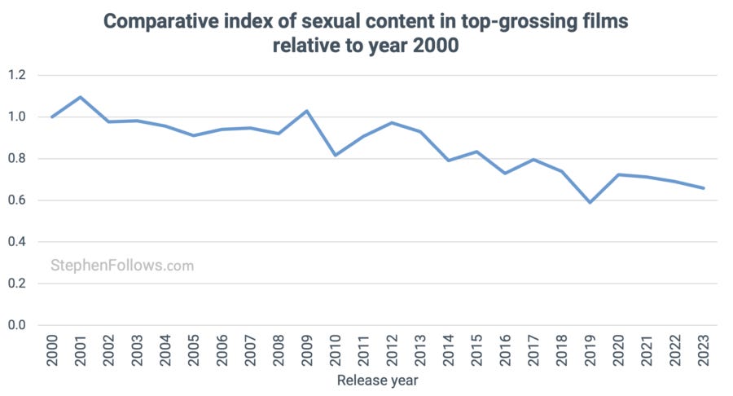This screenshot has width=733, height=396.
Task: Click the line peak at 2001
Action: coord(81,97)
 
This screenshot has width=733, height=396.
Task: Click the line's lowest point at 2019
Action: coord(590,202)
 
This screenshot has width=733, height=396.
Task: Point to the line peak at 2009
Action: coord(307,111)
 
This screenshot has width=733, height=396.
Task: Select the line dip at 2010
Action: coord(335,155)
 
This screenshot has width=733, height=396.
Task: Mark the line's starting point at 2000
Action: coord(52,117)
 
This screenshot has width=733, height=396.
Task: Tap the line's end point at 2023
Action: coord(703,188)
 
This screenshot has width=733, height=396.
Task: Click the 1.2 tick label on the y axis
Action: coord(17,75)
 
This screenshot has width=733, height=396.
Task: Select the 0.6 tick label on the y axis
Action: coord(17,200)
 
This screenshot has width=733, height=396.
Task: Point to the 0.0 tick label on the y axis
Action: coord(17,326)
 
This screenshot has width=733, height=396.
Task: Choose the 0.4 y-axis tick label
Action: coord(17,242)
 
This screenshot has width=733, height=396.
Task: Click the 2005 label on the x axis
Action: coord(194,350)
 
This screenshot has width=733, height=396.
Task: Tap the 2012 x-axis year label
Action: coord(392,350)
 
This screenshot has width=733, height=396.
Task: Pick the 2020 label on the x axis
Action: coord(618,350)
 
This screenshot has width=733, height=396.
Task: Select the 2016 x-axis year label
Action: coord(505,350)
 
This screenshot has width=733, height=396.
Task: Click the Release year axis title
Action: coord(377,380)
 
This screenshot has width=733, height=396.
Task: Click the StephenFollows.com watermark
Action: coord(122,265)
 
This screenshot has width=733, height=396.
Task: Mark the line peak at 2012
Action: coord(392,123)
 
